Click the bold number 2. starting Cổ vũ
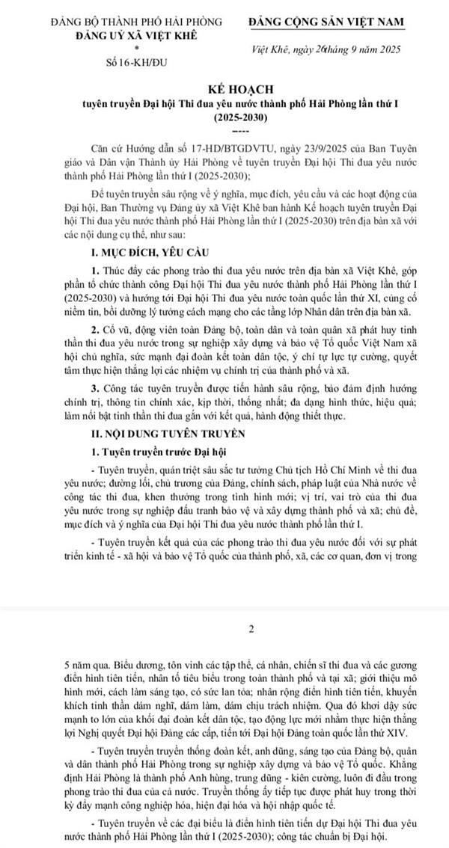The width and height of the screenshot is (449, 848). click(x=94, y=349)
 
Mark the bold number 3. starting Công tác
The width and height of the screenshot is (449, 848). click(x=94, y=388)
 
